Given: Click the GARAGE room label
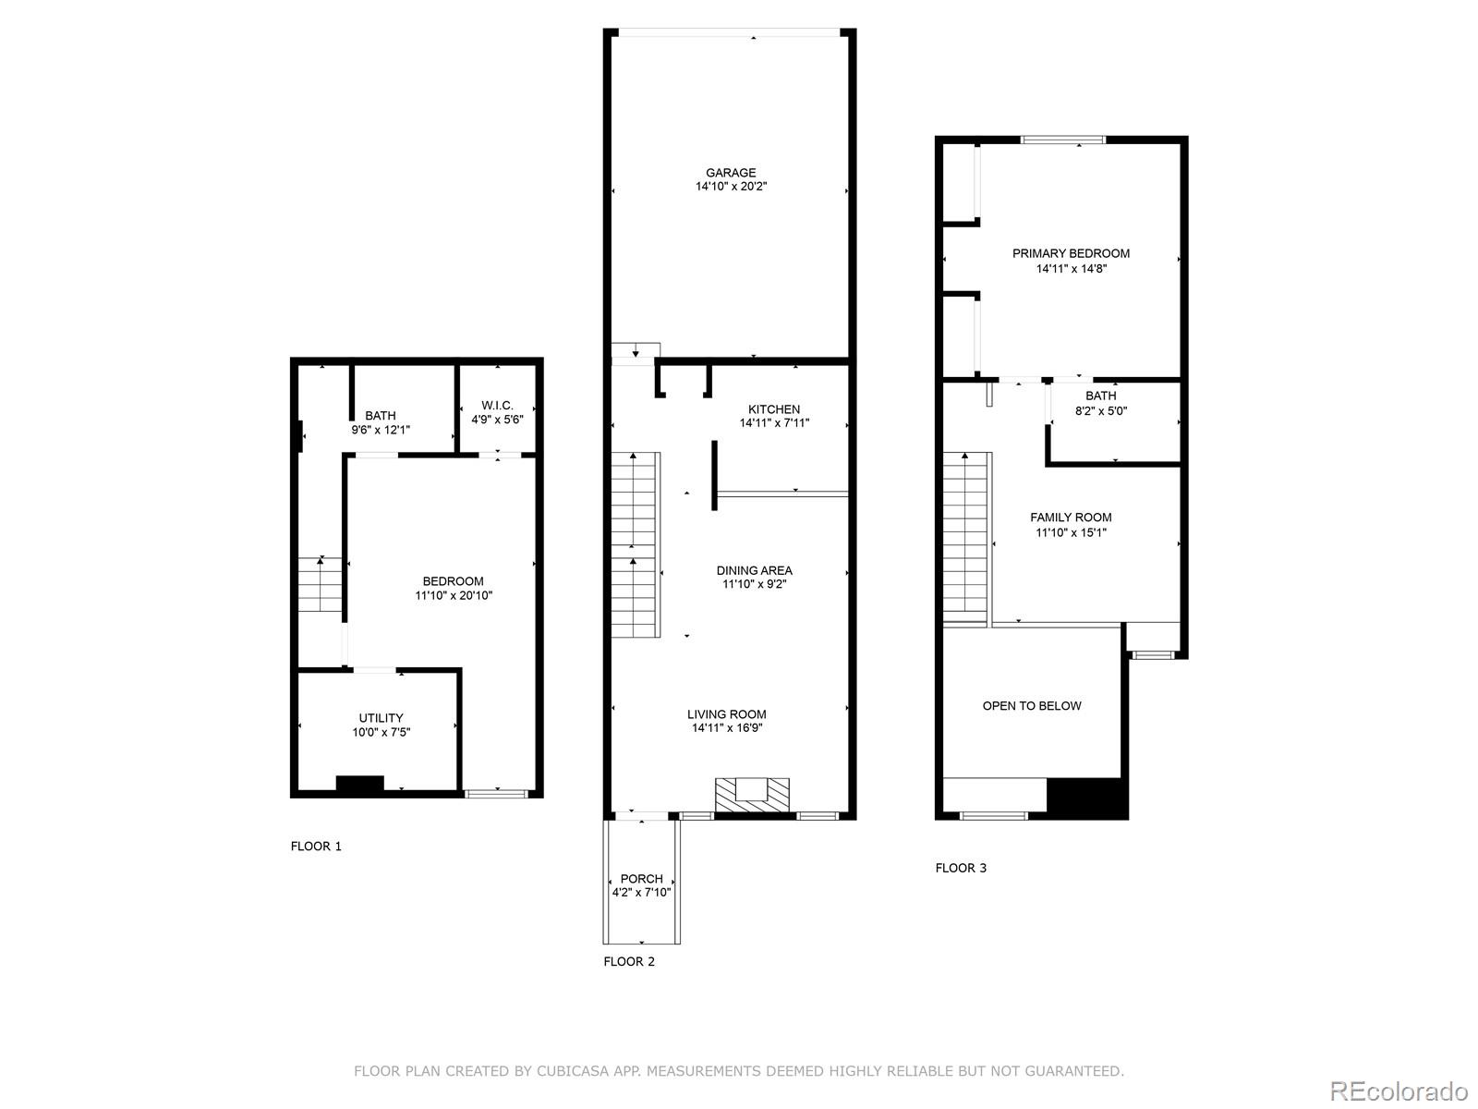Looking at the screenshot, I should [x=731, y=173].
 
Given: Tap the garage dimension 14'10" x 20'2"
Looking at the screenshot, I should [x=731, y=187].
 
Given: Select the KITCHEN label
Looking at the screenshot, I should [x=773, y=409].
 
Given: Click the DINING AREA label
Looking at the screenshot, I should [x=754, y=570].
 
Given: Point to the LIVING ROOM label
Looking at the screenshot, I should [x=726, y=714].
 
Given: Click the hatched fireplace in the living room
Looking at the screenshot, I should [x=752, y=794].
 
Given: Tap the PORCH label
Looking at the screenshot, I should [x=641, y=879].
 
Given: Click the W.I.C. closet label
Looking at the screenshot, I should [x=497, y=406].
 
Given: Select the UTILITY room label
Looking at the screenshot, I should [x=381, y=718].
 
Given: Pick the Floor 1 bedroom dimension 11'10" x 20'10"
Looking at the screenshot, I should [x=453, y=596].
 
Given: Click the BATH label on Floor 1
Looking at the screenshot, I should [x=380, y=416].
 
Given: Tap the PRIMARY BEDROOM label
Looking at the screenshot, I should [x=1071, y=253].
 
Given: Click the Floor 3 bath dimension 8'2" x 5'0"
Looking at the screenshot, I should [x=1100, y=410].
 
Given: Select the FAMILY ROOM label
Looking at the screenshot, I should [x=1071, y=518].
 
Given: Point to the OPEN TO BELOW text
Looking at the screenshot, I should [x=1031, y=706].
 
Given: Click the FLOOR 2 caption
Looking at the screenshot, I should [x=628, y=961].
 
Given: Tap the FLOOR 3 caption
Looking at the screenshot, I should [x=961, y=868].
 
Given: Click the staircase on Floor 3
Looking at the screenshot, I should [x=965, y=536].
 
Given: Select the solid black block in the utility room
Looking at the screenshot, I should [x=359, y=784].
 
